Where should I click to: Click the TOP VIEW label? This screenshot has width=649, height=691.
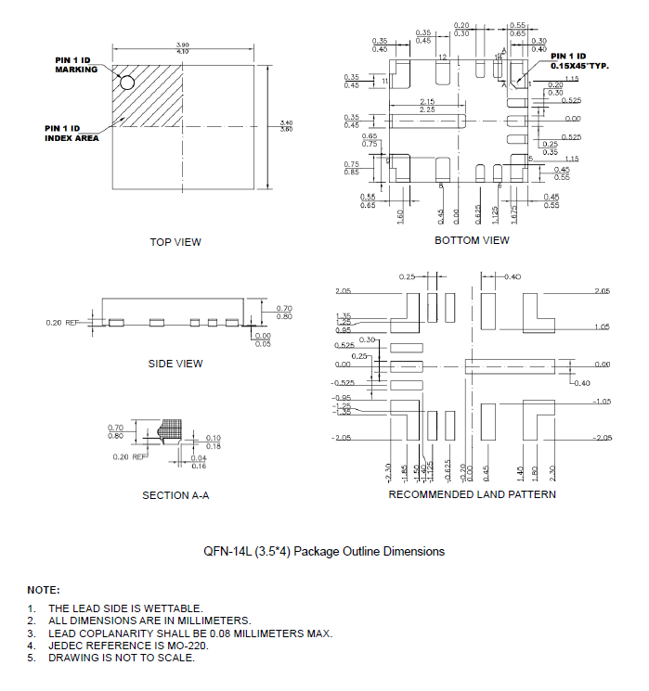point(175,242)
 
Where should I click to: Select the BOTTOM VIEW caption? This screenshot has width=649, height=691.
point(472,240)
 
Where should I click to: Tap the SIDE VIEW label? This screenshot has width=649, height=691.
point(175,364)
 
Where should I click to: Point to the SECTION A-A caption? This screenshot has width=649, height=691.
point(175,495)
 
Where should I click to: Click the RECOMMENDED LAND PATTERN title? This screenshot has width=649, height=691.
point(472,494)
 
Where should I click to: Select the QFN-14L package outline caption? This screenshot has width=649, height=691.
point(324,551)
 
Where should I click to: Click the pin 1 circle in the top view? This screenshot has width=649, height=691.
point(127,83)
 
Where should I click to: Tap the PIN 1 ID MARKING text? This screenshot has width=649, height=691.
point(75,65)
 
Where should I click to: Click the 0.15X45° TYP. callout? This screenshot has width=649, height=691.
point(579,67)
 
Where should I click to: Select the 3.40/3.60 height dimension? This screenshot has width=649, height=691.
point(285,123)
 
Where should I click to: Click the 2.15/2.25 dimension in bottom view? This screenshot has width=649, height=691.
point(427,105)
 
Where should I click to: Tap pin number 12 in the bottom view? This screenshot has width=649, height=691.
point(443,58)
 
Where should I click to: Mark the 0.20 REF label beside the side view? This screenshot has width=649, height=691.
point(62,323)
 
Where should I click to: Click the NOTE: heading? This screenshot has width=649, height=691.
point(43,590)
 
